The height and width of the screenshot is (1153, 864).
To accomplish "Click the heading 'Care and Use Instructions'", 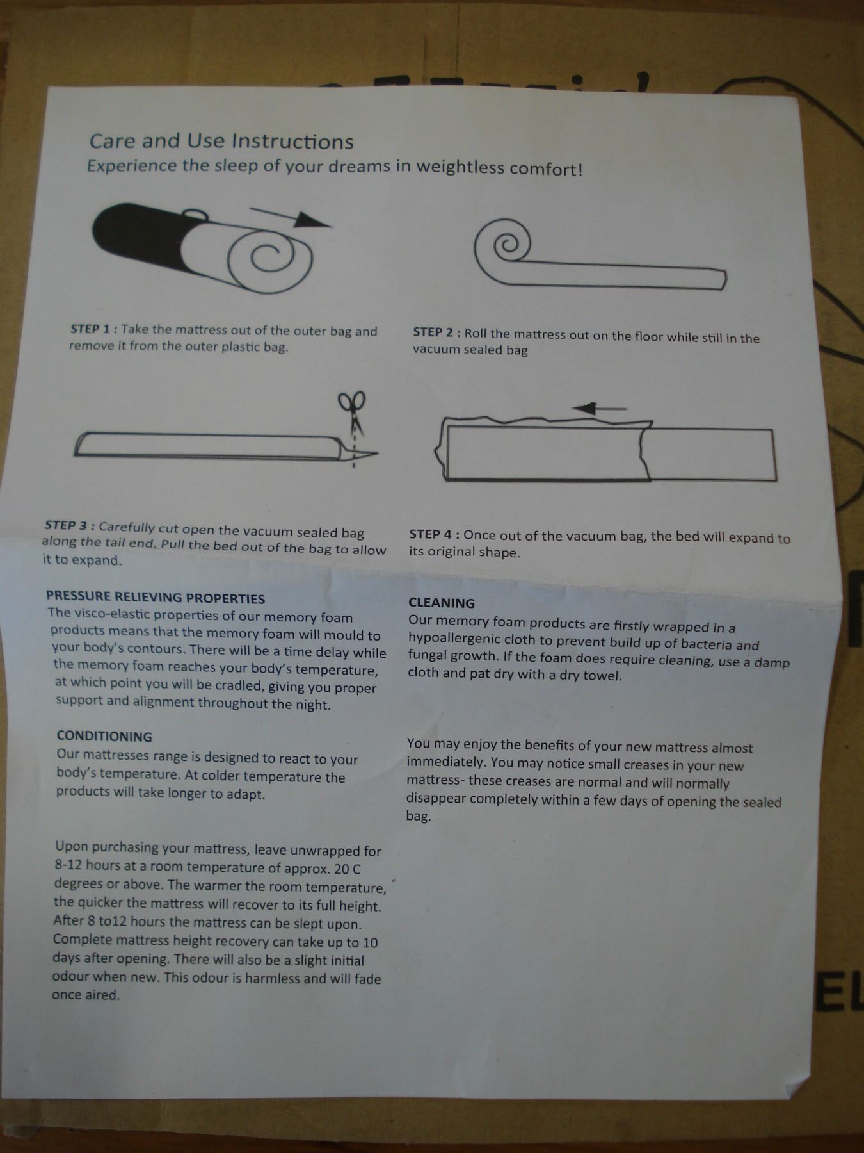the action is (x=221, y=142).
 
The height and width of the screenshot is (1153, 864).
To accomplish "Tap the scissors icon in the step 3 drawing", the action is (x=352, y=413).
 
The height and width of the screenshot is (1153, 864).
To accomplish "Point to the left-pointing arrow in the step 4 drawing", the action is (x=599, y=408).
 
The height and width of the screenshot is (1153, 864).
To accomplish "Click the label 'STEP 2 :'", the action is (x=436, y=332).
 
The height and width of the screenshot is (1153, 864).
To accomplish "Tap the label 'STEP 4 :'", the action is (x=434, y=534).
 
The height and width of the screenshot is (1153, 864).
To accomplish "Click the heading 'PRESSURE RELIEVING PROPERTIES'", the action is (x=156, y=598).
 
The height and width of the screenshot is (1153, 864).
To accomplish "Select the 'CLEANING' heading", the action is (x=442, y=603).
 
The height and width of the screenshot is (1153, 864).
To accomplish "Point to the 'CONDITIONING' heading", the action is (x=104, y=737).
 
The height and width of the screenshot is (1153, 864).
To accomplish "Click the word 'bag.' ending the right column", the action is (x=419, y=817).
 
